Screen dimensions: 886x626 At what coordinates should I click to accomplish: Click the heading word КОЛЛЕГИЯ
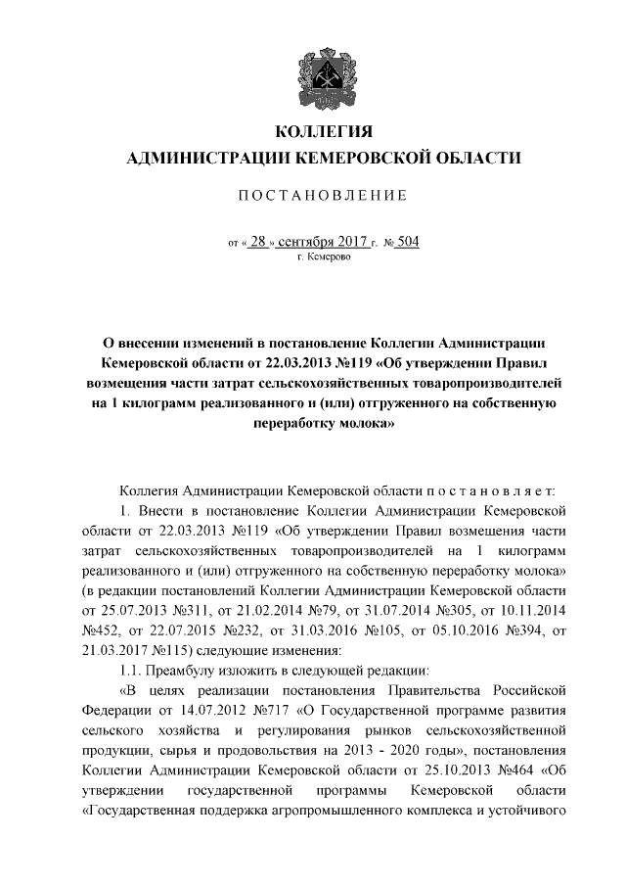(322, 131)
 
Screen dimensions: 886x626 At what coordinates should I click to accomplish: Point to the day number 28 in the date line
(257, 241)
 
